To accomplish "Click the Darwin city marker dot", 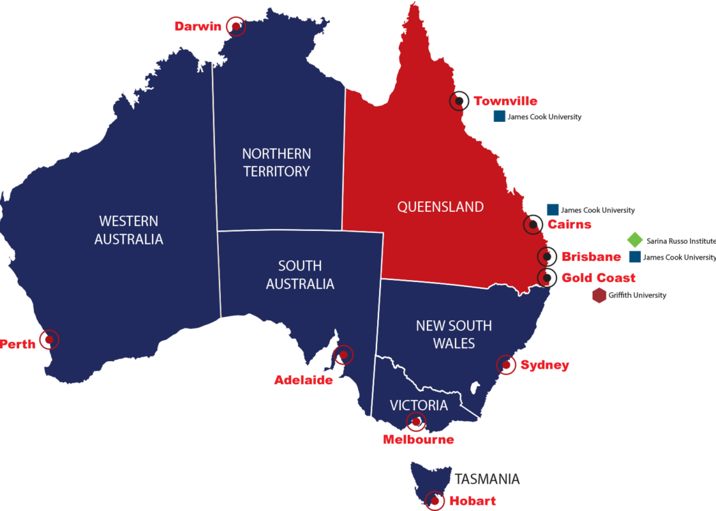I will (236, 26).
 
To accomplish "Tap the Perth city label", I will (18, 344).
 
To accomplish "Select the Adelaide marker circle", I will (343, 355).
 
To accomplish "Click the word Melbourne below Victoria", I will (418, 439).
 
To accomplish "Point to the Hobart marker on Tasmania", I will (434, 501).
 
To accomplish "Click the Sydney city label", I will (544, 365).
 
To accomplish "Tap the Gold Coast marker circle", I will (546, 277).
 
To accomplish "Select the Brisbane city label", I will (591, 257).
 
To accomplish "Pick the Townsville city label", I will (505, 102).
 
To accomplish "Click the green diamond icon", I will (634, 240).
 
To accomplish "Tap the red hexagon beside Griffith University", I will (599, 296).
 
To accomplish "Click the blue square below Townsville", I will (499, 117).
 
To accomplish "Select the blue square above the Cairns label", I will (552, 210).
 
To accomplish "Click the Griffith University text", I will (638, 296).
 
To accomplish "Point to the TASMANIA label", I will (488, 479).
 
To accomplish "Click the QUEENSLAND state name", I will (440, 206).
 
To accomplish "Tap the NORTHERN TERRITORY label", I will (277, 162).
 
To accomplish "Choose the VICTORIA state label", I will (419, 405).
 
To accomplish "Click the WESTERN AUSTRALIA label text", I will (128, 230).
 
